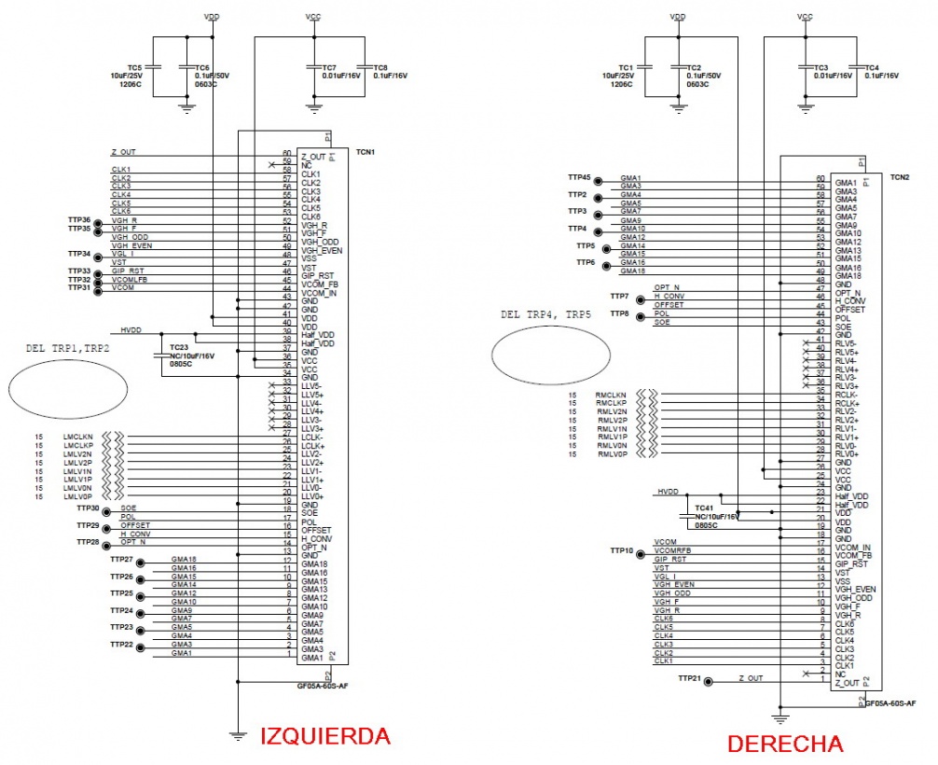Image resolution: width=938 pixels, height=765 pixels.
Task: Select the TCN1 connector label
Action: (366, 151)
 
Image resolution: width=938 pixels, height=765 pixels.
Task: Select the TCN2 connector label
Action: (900, 176)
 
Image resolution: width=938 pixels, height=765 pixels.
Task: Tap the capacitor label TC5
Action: (135, 68)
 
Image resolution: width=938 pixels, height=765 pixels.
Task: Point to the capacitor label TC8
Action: (379, 68)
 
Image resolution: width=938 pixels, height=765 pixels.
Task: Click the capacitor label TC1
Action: (625, 68)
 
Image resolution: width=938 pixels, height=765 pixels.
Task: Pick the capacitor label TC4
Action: (872, 68)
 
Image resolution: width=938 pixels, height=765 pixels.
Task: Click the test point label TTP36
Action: (79, 219)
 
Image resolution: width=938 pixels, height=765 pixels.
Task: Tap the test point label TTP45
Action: (579, 176)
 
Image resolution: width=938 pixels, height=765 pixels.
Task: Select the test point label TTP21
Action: (690, 677)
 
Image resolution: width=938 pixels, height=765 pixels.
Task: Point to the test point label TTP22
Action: (121, 644)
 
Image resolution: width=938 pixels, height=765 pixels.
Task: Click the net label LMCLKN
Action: (78, 437)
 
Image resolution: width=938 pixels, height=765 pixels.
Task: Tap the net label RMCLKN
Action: (611, 396)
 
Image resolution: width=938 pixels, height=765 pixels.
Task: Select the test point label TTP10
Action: (619, 550)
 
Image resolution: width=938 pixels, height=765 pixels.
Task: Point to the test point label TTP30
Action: (89, 508)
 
